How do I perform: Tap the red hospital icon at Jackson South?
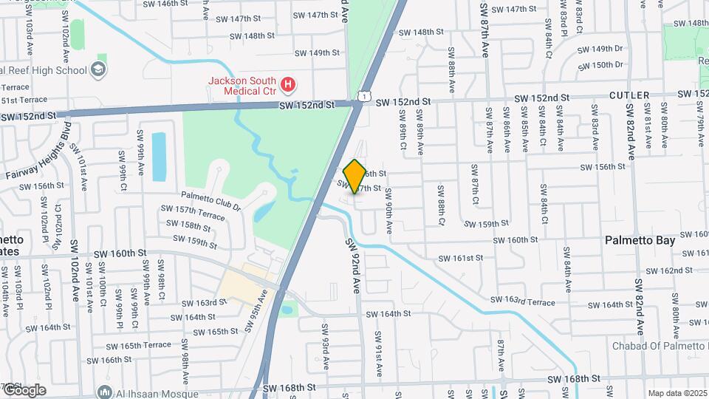point(289,86)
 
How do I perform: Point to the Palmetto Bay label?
point(639,240)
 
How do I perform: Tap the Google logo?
point(24,390)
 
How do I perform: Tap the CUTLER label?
point(629,95)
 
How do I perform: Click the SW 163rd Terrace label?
point(524,301)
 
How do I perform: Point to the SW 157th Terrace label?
point(192,214)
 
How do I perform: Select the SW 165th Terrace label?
point(138,345)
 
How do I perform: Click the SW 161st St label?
point(460,258)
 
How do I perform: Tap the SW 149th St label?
point(317,53)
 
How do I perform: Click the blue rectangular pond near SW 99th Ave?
point(159,156)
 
